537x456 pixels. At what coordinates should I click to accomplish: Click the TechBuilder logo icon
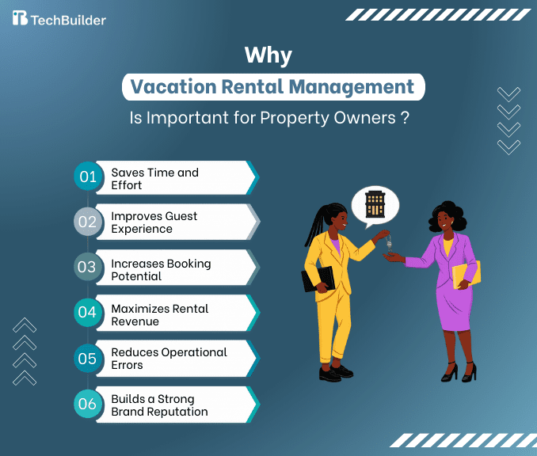(x=20, y=18)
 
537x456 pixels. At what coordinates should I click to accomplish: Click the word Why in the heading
(x=268, y=55)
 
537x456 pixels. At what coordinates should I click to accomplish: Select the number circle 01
(x=86, y=177)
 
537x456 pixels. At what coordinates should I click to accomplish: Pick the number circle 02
(x=86, y=222)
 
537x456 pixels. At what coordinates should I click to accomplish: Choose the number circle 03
(x=86, y=267)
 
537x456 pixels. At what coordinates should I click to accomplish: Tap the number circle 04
(x=86, y=312)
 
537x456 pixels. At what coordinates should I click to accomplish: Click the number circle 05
(x=86, y=358)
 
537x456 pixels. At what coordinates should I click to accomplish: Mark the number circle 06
(x=86, y=404)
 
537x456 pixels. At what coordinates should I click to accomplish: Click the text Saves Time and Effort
(x=154, y=179)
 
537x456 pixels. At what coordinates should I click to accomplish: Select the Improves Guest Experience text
(x=154, y=222)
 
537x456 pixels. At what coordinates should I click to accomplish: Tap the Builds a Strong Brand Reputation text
(x=159, y=405)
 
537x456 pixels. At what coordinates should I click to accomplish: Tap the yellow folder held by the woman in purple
(x=465, y=273)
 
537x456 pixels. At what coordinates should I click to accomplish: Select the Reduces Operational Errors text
(x=169, y=359)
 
